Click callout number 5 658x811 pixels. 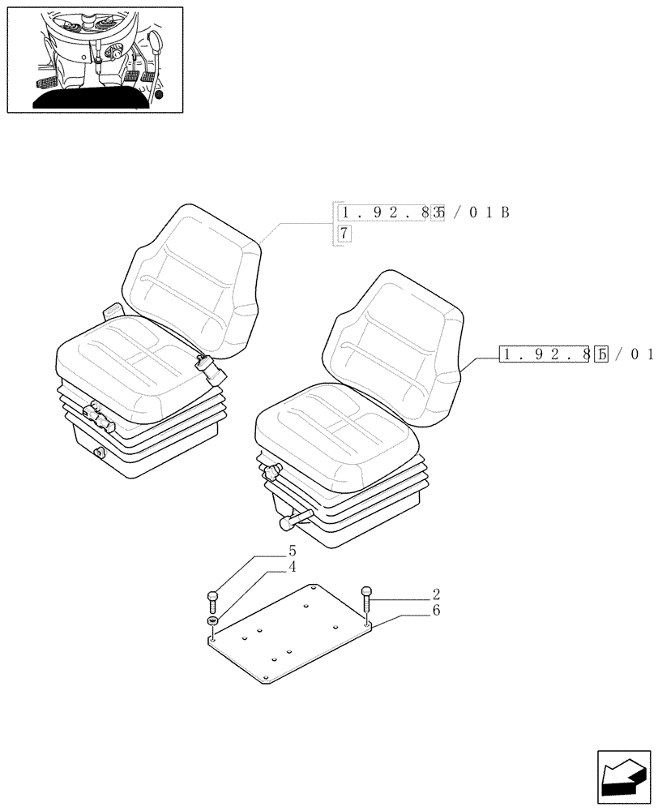pos(293,550)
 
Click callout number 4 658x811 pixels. pos(293,567)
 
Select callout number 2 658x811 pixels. pos(436,594)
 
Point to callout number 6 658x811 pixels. pos(436,610)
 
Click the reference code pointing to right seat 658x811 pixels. pos(576,354)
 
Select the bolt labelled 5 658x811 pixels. pos(212,602)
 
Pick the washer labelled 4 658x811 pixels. pos(212,621)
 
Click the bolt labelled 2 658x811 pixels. pos(366,599)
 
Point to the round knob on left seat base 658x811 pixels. pos(100,453)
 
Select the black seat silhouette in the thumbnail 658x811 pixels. pos(92,98)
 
